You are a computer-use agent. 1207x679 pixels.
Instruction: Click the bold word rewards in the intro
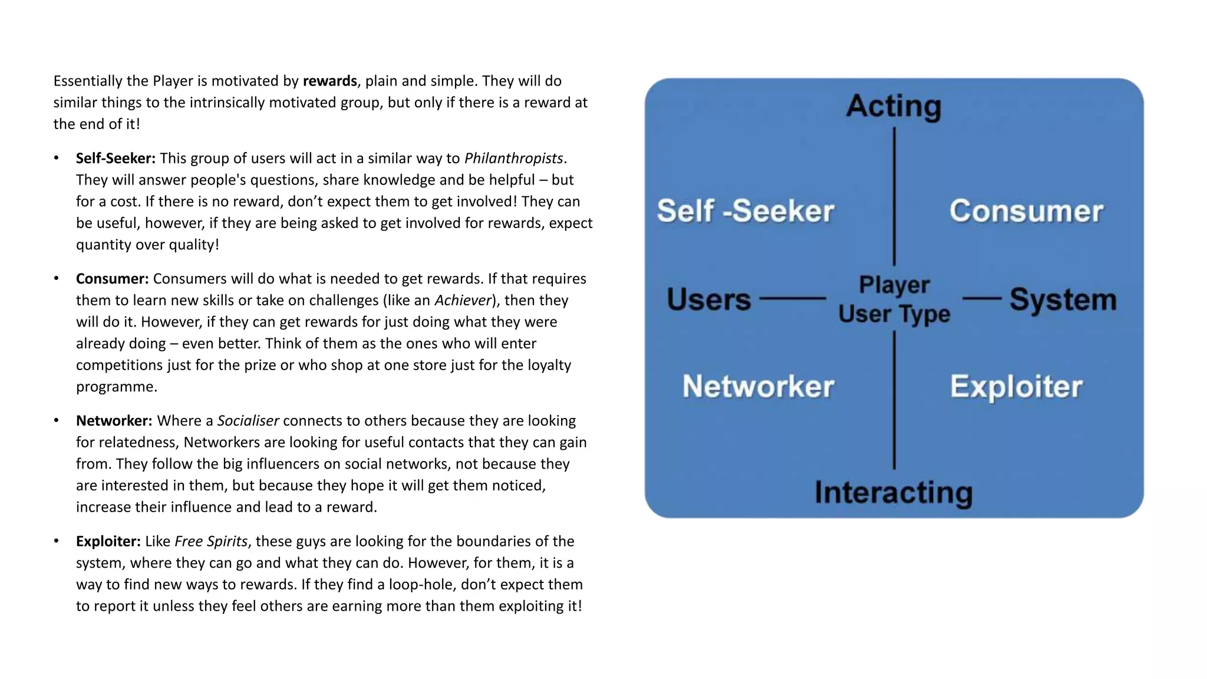(329, 81)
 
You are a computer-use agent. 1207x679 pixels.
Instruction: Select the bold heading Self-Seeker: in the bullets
(116, 158)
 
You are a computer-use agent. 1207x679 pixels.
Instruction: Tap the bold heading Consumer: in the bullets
(112, 278)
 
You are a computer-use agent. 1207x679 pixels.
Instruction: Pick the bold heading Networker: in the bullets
(114, 420)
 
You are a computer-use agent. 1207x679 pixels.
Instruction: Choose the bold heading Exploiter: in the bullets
(108, 541)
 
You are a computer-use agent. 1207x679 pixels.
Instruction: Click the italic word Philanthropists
(513, 158)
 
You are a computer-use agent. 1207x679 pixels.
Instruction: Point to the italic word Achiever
(463, 300)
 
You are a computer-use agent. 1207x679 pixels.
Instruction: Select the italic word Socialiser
(248, 420)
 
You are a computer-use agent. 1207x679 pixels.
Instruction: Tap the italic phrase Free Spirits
(211, 541)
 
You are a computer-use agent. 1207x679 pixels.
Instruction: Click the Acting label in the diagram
(893, 106)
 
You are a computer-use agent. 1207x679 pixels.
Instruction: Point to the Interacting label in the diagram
(893, 492)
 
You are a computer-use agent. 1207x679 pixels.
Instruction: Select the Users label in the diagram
(708, 299)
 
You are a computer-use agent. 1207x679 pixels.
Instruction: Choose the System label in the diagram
(1063, 299)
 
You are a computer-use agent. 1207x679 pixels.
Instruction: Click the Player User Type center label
(894, 299)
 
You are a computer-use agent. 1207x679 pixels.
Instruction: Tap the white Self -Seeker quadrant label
(746, 211)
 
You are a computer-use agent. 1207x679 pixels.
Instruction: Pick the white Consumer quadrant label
(1026, 211)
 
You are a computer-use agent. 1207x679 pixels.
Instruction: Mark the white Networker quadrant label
(758, 386)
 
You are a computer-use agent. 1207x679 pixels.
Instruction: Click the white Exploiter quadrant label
(1016, 386)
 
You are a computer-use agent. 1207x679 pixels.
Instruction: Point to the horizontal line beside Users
(793, 299)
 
